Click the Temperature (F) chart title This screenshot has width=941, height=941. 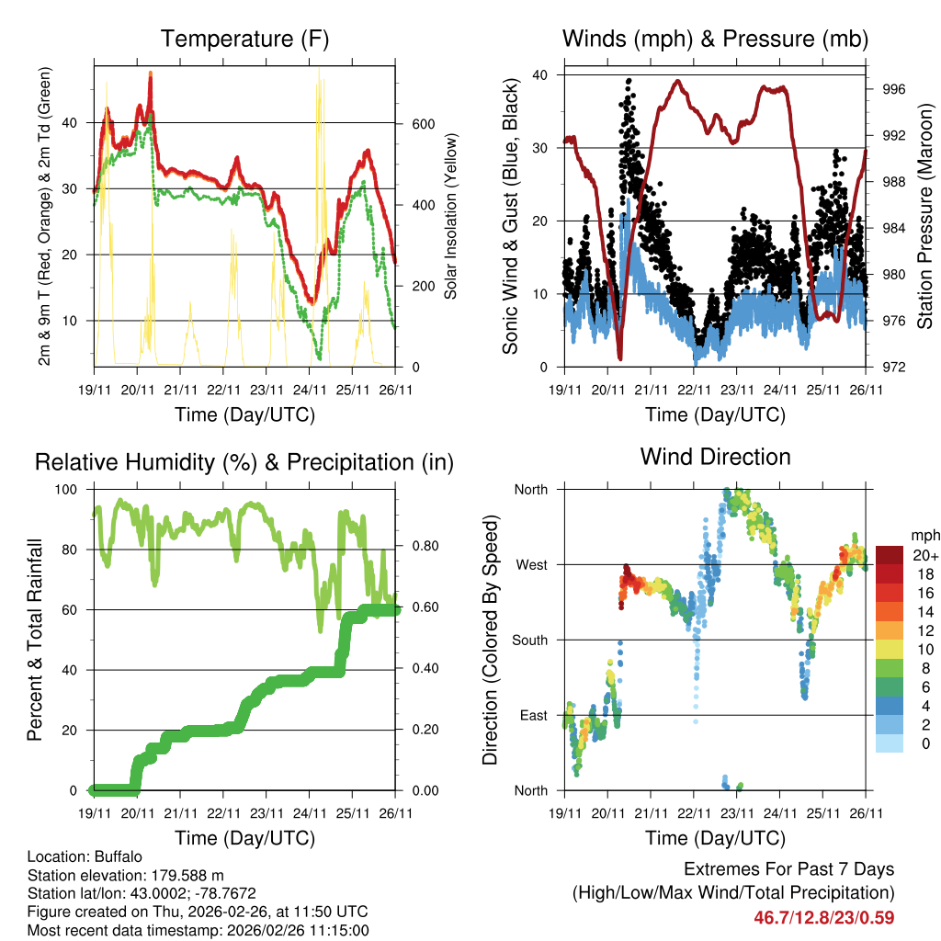[244, 39]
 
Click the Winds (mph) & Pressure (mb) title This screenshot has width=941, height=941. [715, 39]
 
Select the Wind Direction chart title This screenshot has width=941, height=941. [715, 456]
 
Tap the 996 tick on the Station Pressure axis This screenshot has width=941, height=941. [896, 89]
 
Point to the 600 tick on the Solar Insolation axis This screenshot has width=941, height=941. [421, 123]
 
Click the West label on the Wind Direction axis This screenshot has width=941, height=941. [531, 564]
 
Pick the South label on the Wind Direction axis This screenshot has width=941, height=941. [529, 640]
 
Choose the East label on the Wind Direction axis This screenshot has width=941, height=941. [532, 715]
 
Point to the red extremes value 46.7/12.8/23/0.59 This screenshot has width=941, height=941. [823, 917]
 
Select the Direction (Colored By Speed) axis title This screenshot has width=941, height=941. [490, 639]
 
